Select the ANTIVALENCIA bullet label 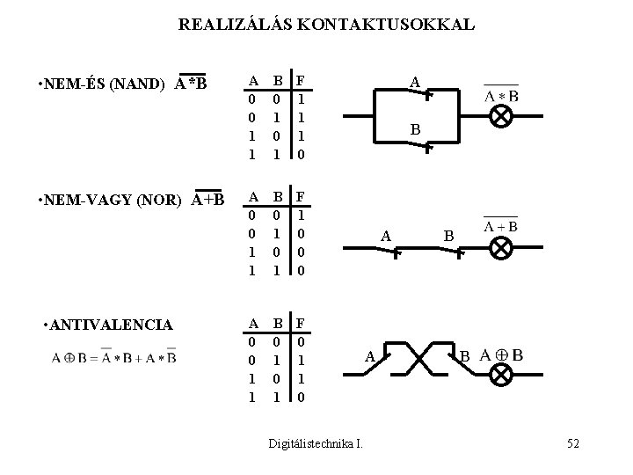click(x=108, y=325)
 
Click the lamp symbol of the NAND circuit click(x=501, y=118)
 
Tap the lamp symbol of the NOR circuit click(x=501, y=248)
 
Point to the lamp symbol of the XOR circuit click(x=501, y=376)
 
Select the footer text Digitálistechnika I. click(x=316, y=444)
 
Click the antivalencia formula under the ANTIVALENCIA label click(x=113, y=357)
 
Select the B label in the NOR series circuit click(x=447, y=236)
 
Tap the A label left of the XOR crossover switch click(x=369, y=356)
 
